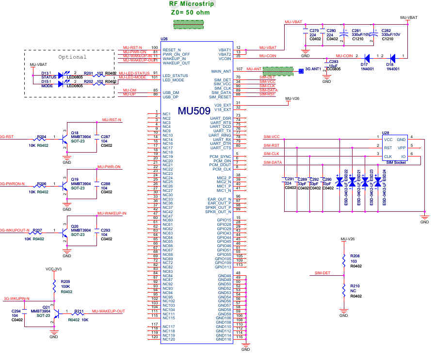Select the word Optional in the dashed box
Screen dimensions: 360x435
pos(72,57)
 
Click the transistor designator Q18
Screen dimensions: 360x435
pos(75,132)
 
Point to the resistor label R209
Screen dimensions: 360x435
pos(65,282)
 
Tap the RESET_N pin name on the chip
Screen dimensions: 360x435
pos(172,50)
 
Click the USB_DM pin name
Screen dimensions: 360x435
pos(171,93)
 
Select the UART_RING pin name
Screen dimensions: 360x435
pos(220,135)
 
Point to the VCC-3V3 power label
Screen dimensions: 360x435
pos(54,268)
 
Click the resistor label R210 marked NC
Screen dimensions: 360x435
pos(355,286)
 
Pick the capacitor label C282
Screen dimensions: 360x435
pos(387,30)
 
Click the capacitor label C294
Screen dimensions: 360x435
pos(16,311)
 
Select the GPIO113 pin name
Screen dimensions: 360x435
pos(223,267)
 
